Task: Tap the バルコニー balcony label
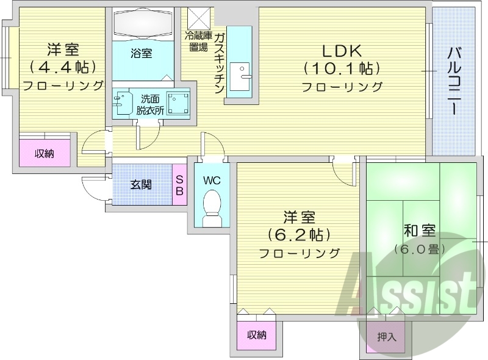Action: pyautogui.click(x=453, y=79)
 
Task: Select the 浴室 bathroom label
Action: pyautogui.click(x=142, y=54)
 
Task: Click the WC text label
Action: pyautogui.click(x=211, y=181)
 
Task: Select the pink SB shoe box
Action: pyautogui.click(x=180, y=184)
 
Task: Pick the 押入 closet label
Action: pyautogui.click(x=387, y=336)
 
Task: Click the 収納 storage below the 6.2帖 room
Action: pyautogui.click(x=257, y=334)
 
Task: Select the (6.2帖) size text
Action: pyautogui.click(x=299, y=234)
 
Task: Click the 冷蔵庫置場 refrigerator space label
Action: pyautogui.click(x=198, y=41)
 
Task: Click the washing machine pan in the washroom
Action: pyautogui.click(x=178, y=103)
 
